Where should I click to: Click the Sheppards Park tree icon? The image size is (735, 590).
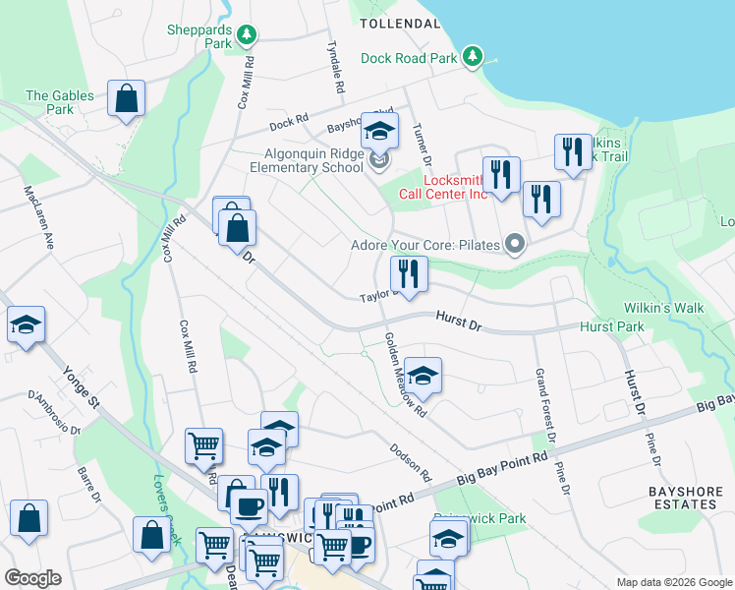coord(247,36)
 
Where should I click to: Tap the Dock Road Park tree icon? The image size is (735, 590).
coord(474,57)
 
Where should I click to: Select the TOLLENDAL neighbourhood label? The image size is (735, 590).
coord(399,23)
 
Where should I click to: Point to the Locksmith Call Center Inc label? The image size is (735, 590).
coord(455,187)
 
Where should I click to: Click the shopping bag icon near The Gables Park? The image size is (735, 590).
coord(127,99)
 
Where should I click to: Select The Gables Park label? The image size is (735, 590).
coord(60,102)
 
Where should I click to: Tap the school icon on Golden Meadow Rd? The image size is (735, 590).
coord(424,376)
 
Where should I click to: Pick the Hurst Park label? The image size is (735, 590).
coord(611,326)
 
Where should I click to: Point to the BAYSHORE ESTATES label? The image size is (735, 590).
coord(684,497)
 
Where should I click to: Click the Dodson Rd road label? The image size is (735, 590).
coord(411,459)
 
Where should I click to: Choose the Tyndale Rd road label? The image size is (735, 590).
coord(334,68)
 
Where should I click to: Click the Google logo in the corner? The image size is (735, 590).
coord(32,578)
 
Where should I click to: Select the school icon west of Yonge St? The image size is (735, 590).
coord(27,325)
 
